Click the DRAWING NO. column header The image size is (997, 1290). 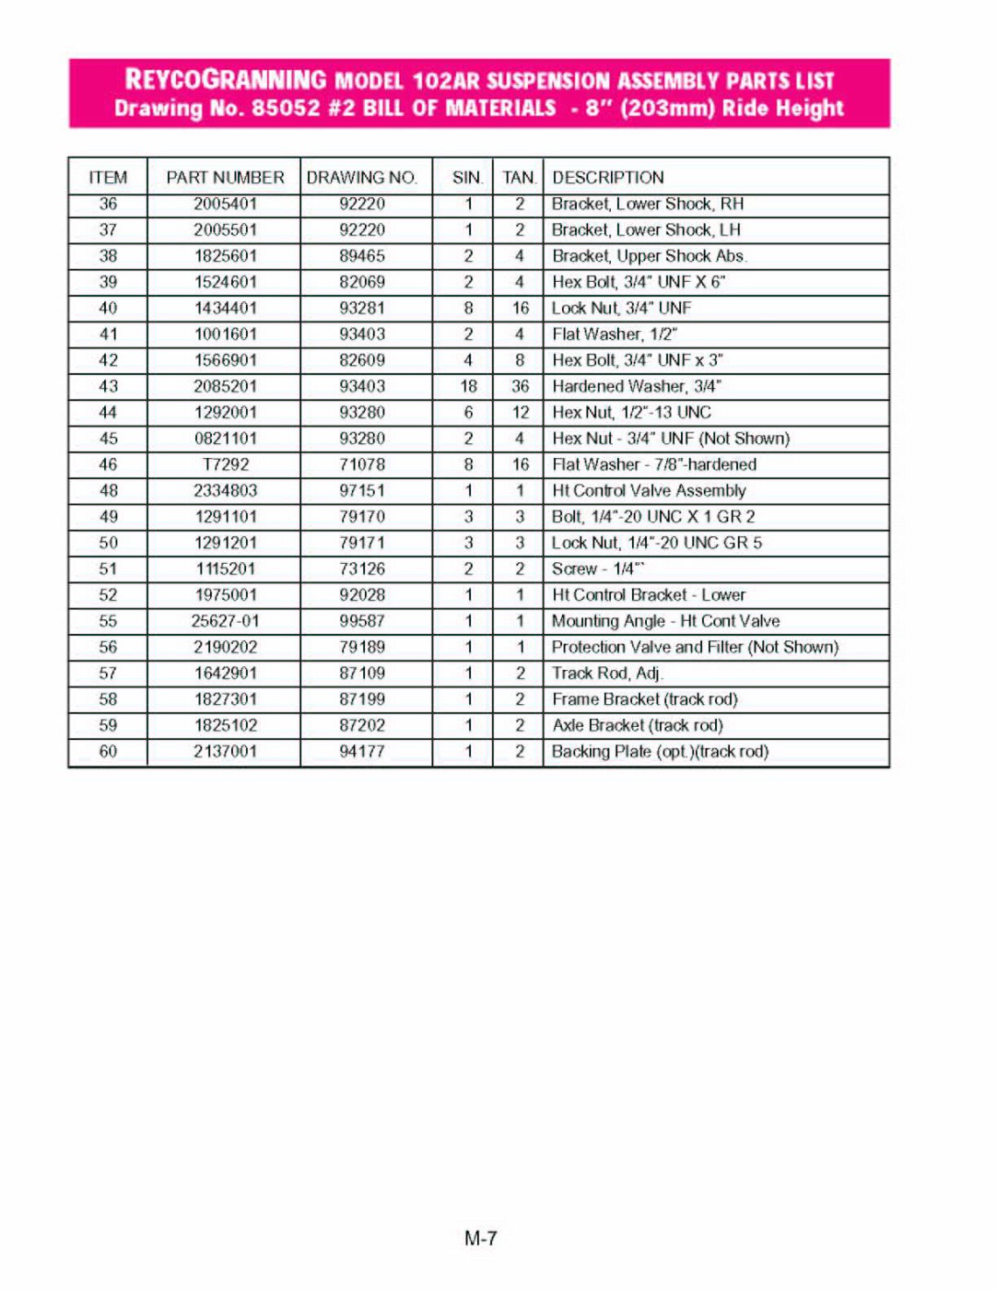click(x=362, y=177)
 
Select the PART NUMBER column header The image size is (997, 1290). click(x=225, y=177)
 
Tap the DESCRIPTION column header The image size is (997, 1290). click(x=607, y=177)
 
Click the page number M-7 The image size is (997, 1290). click(x=481, y=1238)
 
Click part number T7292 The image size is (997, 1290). click(x=226, y=464)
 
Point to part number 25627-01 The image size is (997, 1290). click(x=226, y=621)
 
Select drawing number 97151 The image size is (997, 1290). click(x=362, y=491)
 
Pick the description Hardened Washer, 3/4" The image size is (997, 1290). click(x=636, y=386)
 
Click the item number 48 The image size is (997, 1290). click(x=108, y=491)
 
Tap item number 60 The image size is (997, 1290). click(x=108, y=752)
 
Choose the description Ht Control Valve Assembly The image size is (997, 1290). click(x=649, y=491)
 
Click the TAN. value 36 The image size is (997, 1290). click(x=520, y=386)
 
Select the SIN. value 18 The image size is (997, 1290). click(x=468, y=386)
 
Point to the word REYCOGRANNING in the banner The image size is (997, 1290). click(x=226, y=80)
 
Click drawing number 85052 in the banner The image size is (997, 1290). click(x=287, y=108)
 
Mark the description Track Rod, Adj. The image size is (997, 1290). click(x=607, y=674)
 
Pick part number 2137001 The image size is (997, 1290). click(x=226, y=752)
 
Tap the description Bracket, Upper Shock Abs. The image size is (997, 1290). click(x=649, y=256)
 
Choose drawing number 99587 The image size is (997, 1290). click(x=362, y=621)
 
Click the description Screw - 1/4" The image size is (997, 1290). click(x=597, y=569)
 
